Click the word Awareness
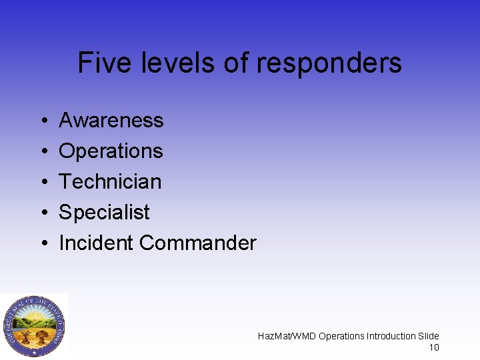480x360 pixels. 111,121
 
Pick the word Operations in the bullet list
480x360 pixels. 111,151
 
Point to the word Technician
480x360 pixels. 110,181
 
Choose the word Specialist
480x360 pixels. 104,212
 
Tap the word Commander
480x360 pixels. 198,243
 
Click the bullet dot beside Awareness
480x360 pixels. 43,121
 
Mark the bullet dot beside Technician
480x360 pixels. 43,182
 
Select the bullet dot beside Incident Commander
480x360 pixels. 43,243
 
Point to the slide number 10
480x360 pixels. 433,347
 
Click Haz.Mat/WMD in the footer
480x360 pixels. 287,336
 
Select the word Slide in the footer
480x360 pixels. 429,336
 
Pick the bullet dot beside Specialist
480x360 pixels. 43,213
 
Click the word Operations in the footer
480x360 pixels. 341,336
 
